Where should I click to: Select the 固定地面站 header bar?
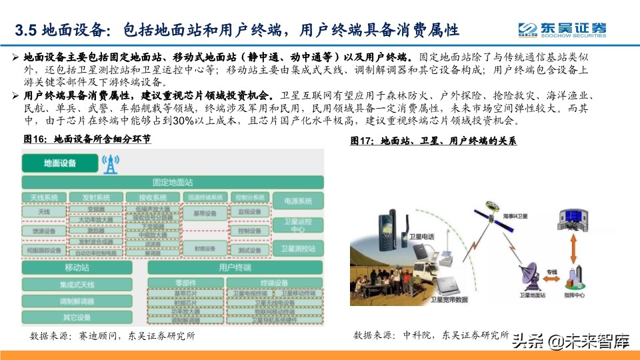point(173,182)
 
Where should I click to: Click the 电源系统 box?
point(298,201)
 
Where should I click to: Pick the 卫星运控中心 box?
point(298,225)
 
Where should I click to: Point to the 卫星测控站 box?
point(298,250)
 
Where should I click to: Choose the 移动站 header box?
point(77,267)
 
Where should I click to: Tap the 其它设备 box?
point(77,317)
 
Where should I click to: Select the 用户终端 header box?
point(235,267)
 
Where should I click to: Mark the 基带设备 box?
point(204,214)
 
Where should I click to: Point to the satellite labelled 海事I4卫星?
point(497,208)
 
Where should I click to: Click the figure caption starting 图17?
point(433,141)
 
